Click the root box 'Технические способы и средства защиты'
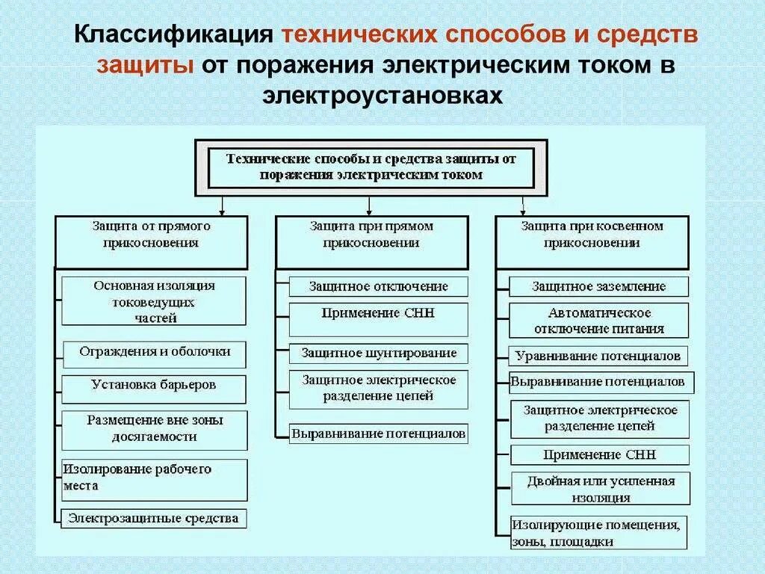371,167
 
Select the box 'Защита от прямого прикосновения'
151,242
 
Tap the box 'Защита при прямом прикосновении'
371,242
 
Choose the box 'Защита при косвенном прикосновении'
592,242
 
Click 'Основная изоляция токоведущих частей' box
154,301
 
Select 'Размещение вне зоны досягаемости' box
154,429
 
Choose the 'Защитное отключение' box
379,286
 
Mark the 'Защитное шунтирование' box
379,353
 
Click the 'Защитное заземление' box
599,287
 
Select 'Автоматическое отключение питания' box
599,321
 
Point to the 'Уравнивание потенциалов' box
599,356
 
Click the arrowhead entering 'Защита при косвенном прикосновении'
522,212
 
